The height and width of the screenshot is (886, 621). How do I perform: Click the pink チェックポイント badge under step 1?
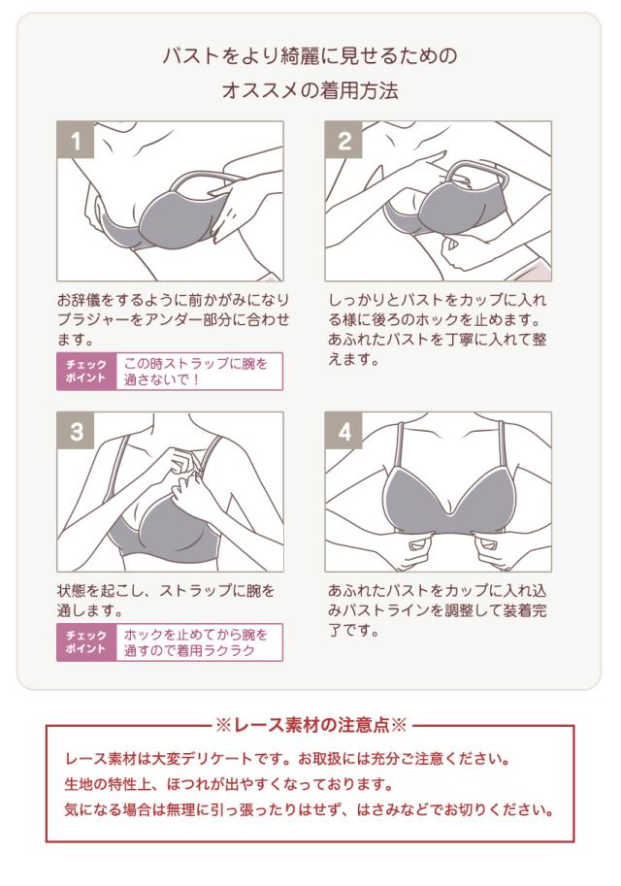click(x=86, y=371)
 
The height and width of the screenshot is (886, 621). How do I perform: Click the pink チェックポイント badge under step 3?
click(x=86, y=642)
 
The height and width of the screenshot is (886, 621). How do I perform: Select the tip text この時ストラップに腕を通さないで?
click(x=199, y=371)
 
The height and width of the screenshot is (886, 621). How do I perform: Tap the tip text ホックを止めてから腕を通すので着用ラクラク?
click(x=199, y=642)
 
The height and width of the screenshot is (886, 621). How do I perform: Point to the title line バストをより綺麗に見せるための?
click(x=310, y=55)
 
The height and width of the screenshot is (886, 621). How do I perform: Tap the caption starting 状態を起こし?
click(x=165, y=601)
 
